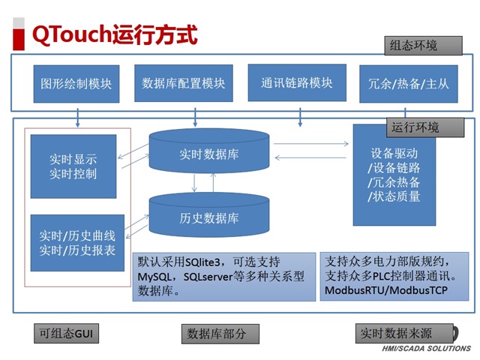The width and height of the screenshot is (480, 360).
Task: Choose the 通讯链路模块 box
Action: click(x=296, y=83)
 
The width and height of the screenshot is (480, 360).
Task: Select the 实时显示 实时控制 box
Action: click(x=73, y=166)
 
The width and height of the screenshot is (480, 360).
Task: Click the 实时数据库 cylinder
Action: click(x=208, y=154)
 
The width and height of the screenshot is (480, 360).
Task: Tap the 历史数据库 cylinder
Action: click(x=208, y=217)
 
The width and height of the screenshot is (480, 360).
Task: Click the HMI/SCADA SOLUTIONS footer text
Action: click(x=427, y=349)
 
